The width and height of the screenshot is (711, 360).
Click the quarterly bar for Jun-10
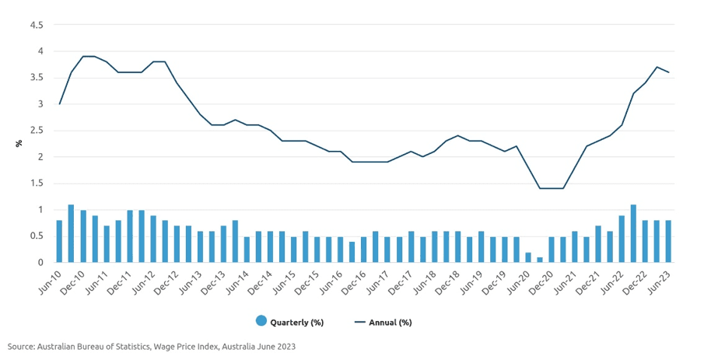tap(59, 242)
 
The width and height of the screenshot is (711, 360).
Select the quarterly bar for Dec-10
tap(82, 236)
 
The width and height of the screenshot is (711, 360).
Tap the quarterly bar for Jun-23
tap(668, 242)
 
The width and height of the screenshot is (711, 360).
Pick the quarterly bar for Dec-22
tap(645, 242)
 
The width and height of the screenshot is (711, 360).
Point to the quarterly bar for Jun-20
tap(527, 257)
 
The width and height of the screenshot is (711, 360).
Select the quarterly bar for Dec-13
tap(223, 244)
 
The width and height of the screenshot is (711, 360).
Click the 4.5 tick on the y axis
tap(36, 25)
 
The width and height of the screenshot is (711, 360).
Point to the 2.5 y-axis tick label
tap(36, 131)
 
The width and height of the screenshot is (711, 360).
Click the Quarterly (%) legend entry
tap(289, 321)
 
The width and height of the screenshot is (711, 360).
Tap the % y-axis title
tap(19, 144)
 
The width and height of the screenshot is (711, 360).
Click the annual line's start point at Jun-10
tap(59, 104)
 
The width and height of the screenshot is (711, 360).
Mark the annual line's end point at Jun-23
tap(668, 72)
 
